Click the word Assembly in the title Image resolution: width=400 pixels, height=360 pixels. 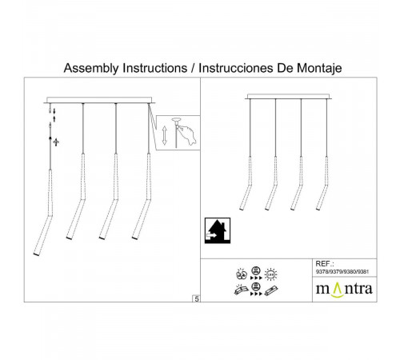pyautogui.click(x=90, y=69)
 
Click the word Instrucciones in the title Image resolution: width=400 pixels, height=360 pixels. pyautogui.click(x=232, y=69)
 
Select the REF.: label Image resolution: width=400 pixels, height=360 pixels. pyautogui.click(x=326, y=262)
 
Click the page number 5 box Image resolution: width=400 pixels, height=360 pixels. pyautogui.click(x=196, y=298)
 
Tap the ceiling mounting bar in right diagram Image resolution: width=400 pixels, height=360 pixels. pyautogui.click(x=292, y=96)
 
